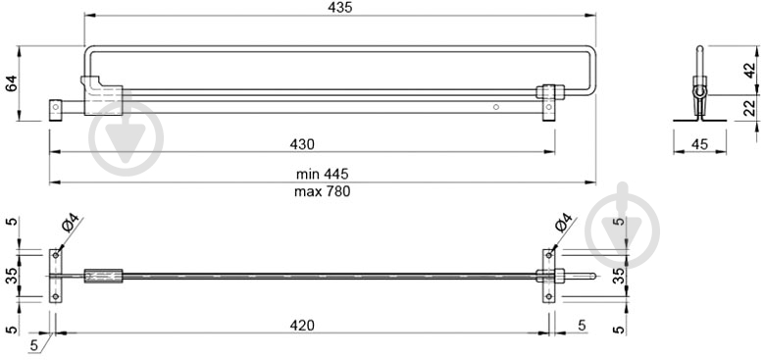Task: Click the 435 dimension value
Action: [x=339, y=8]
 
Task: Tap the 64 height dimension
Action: [x=11, y=83]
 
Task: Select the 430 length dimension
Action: [x=302, y=144]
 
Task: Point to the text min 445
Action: [x=322, y=174]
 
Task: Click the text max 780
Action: [x=322, y=191]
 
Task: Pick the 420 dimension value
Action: [x=302, y=325]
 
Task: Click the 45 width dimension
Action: [x=699, y=144]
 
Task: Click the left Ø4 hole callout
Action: [x=70, y=223]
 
